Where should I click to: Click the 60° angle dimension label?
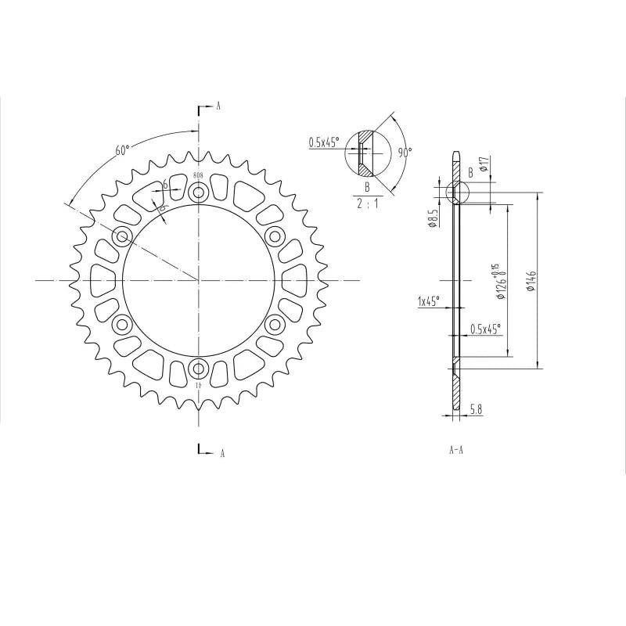pyautogui.click(x=122, y=150)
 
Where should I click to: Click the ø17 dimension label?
pyautogui.click(x=484, y=164)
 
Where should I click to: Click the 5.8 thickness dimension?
pyautogui.click(x=475, y=408)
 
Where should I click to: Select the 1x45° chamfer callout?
pyautogui.click(x=428, y=300)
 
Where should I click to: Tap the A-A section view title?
pyautogui.click(x=457, y=451)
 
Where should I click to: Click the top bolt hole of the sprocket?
pyautogui.click(x=199, y=192)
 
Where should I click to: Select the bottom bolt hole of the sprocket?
pyautogui.click(x=199, y=368)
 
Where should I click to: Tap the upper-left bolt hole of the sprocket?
pyautogui.click(x=122, y=236)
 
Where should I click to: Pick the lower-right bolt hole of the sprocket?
pyautogui.click(x=275, y=324)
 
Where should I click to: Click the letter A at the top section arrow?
pyautogui.click(x=218, y=106)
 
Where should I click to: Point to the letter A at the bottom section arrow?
pyautogui.click(x=222, y=453)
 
